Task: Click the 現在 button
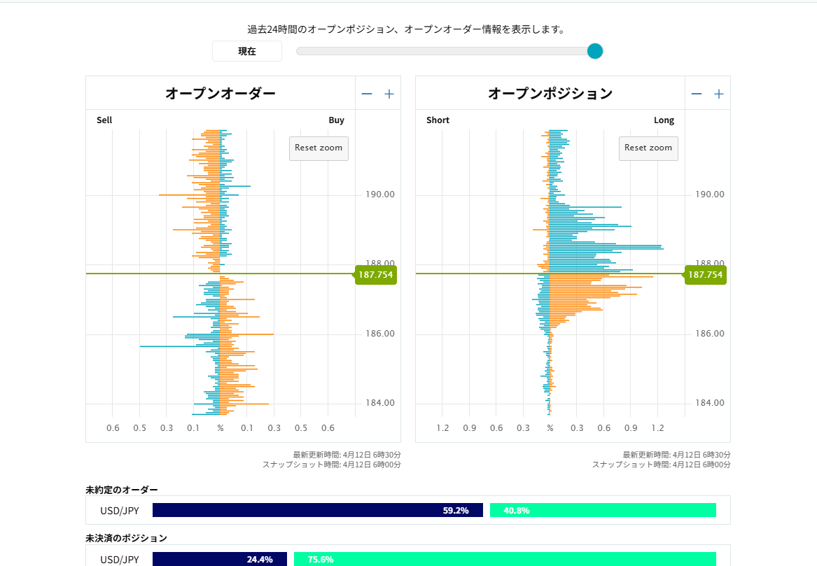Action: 246,51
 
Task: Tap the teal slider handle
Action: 594,50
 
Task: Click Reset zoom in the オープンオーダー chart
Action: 319,148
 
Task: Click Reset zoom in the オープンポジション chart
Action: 648,148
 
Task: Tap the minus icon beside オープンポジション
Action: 696,94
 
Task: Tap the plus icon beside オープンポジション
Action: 719,94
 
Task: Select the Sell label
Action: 104,120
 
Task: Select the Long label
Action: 664,120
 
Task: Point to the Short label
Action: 438,120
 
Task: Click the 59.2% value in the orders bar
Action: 455,511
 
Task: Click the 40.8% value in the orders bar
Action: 517,511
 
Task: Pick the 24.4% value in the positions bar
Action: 260,560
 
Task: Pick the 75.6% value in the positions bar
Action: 321,560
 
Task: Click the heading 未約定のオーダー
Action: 122,490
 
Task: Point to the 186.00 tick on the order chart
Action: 379,334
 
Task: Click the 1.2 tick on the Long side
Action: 657,428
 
